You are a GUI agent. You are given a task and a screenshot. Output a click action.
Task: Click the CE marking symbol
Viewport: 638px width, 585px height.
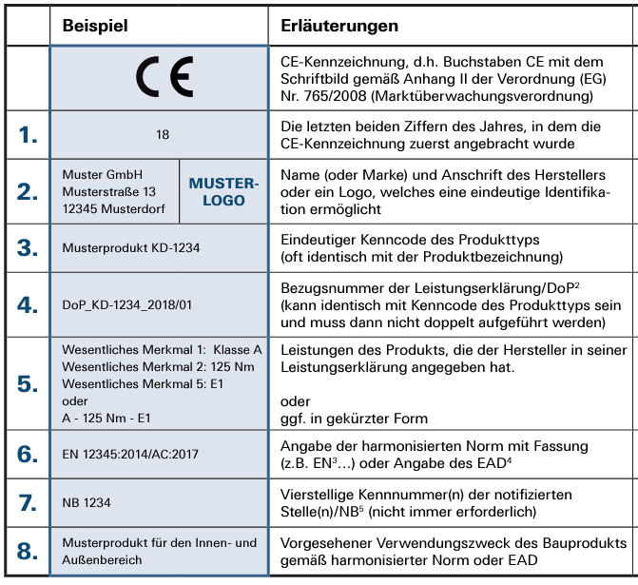click(x=163, y=75)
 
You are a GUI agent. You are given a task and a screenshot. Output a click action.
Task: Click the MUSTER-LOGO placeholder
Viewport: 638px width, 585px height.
click(x=223, y=191)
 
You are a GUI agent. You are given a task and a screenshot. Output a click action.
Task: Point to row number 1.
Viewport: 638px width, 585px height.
click(x=28, y=135)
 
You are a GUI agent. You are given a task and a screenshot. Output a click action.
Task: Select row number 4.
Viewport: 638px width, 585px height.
click(x=28, y=304)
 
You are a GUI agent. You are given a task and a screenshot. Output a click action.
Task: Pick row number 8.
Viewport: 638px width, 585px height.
click(x=28, y=551)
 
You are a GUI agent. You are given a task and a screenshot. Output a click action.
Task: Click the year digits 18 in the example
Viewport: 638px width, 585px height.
click(x=163, y=135)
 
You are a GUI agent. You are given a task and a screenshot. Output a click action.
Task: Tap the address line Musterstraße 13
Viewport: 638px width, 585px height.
click(x=109, y=191)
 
